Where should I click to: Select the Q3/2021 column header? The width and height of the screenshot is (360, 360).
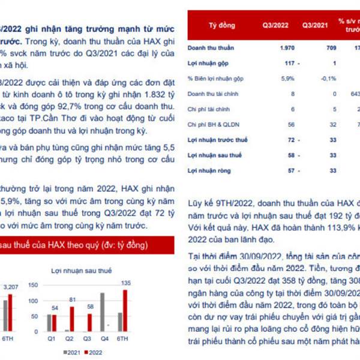(x=315, y=26)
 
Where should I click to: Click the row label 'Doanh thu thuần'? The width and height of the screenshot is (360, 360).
(x=211, y=47)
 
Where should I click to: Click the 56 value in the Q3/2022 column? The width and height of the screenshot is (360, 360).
(x=291, y=125)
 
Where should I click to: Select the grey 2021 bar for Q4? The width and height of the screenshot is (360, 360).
(x=102, y=311)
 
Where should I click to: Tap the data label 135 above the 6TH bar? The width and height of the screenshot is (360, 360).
(x=127, y=283)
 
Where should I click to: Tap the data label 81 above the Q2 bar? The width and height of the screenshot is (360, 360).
(x=72, y=299)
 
